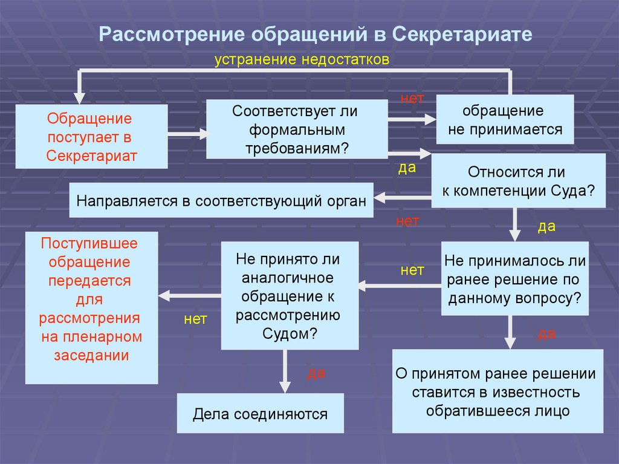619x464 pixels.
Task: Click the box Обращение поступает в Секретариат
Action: [x=91, y=137]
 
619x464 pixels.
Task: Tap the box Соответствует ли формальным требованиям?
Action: [x=296, y=129]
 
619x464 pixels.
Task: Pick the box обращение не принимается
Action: [x=505, y=120]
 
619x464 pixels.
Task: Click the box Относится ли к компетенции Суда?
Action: [x=518, y=180]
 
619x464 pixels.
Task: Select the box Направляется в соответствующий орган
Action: [x=221, y=200]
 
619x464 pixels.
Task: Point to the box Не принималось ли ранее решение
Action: [x=515, y=279]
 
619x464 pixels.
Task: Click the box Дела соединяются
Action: [x=260, y=414]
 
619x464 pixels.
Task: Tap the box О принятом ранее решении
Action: [x=497, y=391]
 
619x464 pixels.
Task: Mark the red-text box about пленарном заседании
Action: [x=91, y=307]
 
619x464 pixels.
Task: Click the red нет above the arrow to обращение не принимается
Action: [x=412, y=98]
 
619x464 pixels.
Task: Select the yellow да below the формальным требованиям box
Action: [x=407, y=168]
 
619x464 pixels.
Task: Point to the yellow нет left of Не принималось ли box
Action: [x=412, y=270]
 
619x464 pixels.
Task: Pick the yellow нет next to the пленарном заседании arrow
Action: [x=195, y=319]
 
